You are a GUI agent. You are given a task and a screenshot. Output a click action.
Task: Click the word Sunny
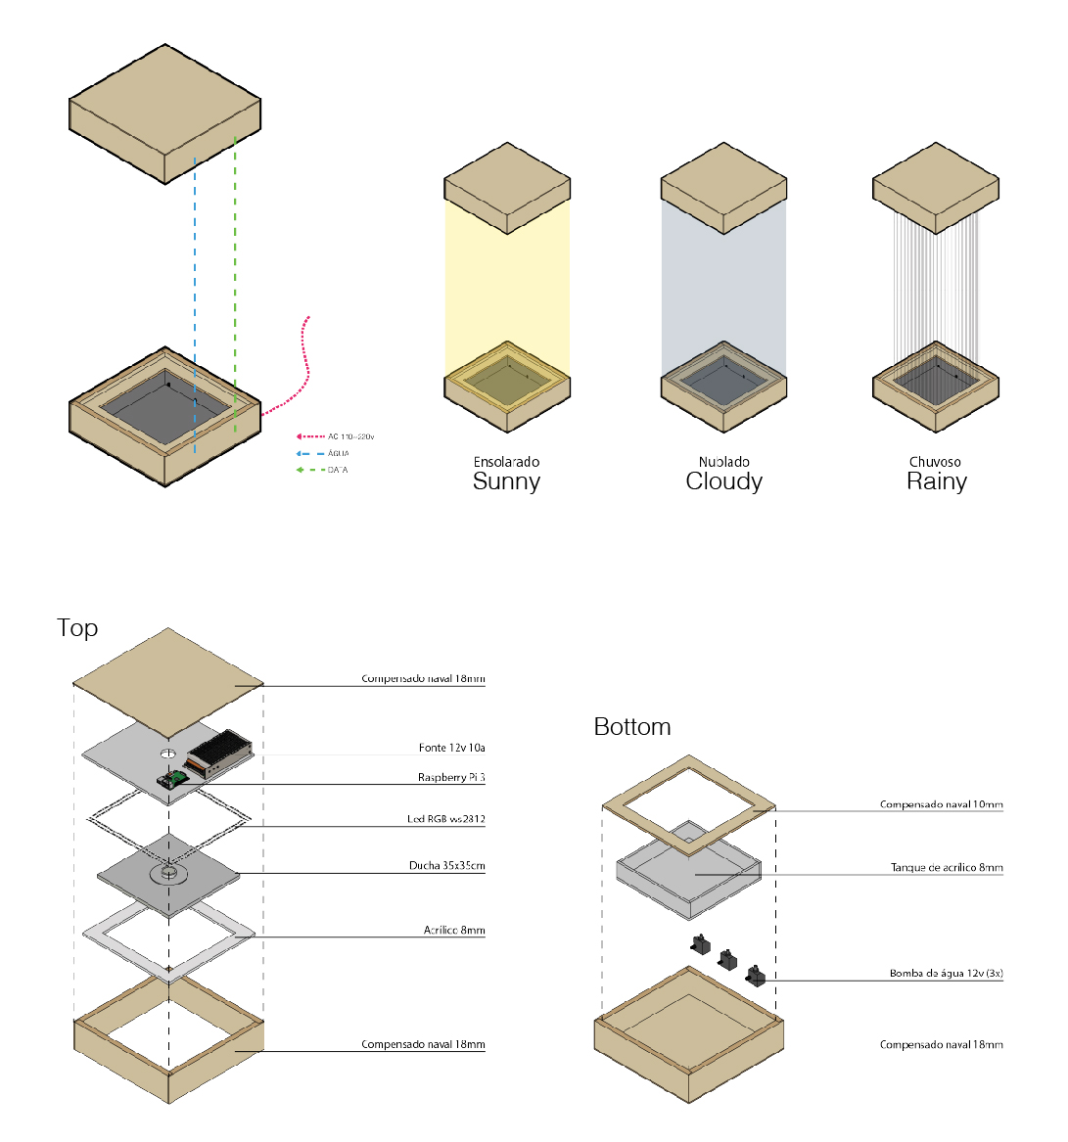(x=506, y=481)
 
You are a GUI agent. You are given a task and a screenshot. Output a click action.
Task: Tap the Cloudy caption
(x=723, y=481)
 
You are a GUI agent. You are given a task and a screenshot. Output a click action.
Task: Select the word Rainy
(x=936, y=481)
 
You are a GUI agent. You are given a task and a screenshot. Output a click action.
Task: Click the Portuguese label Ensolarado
(x=506, y=462)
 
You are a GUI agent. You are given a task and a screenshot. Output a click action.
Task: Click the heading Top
(x=77, y=628)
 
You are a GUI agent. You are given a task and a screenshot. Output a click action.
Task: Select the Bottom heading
(x=632, y=727)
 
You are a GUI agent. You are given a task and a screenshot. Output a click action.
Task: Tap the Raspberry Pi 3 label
(x=451, y=778)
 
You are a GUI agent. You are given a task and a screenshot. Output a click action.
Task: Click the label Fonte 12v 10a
(x=451, y=748)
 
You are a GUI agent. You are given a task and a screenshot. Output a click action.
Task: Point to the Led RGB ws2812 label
(x=445, y=819)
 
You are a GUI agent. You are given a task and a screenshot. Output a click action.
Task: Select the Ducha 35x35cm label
(x=446, y=866)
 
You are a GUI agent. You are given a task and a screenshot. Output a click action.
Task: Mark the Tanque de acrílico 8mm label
(x=946, y=868)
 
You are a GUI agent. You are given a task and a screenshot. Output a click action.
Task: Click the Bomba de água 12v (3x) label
(x=946, y=974)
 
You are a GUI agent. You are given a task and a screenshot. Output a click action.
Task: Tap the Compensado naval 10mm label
(x=941, y=805)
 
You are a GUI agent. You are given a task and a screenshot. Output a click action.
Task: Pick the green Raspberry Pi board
(x=175, y=778)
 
